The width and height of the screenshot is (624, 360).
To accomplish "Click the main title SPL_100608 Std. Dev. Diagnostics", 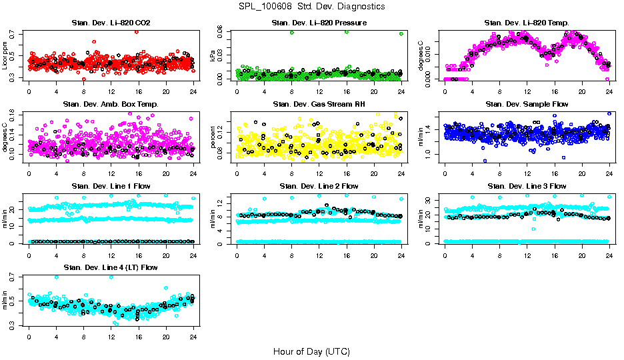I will coord(311,6).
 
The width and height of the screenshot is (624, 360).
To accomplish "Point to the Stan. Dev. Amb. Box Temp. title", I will coord(111,105).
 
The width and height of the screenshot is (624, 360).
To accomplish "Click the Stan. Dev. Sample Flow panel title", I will coord(527,105).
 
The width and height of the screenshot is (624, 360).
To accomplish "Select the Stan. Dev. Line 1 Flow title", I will coord(111,186).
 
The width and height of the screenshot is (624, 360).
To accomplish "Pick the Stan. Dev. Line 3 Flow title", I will coord(527,186).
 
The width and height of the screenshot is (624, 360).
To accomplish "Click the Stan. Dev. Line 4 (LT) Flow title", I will coord(111,267).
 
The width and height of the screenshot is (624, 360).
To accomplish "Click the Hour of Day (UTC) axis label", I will coord(311,351).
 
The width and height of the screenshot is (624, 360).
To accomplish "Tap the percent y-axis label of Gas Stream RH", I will coord(213,137).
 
